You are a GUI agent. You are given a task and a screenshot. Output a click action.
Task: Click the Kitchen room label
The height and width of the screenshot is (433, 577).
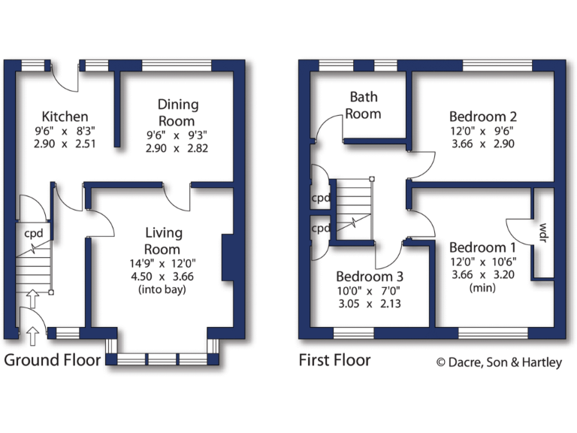pos(65,117)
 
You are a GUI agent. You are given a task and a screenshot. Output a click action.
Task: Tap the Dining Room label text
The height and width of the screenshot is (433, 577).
pos(177,113)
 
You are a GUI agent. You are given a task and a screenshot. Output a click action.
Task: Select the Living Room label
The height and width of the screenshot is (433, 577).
pos(163,241)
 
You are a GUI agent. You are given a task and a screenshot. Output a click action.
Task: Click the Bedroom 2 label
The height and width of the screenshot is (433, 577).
pos(482,117)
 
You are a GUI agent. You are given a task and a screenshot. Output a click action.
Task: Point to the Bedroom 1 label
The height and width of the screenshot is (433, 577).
pos(482,247)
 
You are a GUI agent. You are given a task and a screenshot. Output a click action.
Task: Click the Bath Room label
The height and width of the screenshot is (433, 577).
pos(364,105)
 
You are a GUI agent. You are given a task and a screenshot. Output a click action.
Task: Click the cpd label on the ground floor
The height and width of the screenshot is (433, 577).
pos(33,232)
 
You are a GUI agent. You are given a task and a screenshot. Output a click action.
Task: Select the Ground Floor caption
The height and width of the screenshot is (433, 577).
pos(53,360)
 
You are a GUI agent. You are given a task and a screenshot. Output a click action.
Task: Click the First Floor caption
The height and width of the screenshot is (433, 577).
pos(335,360)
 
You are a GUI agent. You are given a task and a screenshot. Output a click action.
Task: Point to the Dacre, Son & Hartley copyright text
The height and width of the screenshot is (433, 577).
pos(499,362)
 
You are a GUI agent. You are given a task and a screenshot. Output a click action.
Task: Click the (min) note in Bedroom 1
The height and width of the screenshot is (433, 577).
pos(482,288)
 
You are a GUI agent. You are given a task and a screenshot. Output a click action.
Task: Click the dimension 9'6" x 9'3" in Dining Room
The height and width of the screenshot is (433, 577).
pos(177,135)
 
